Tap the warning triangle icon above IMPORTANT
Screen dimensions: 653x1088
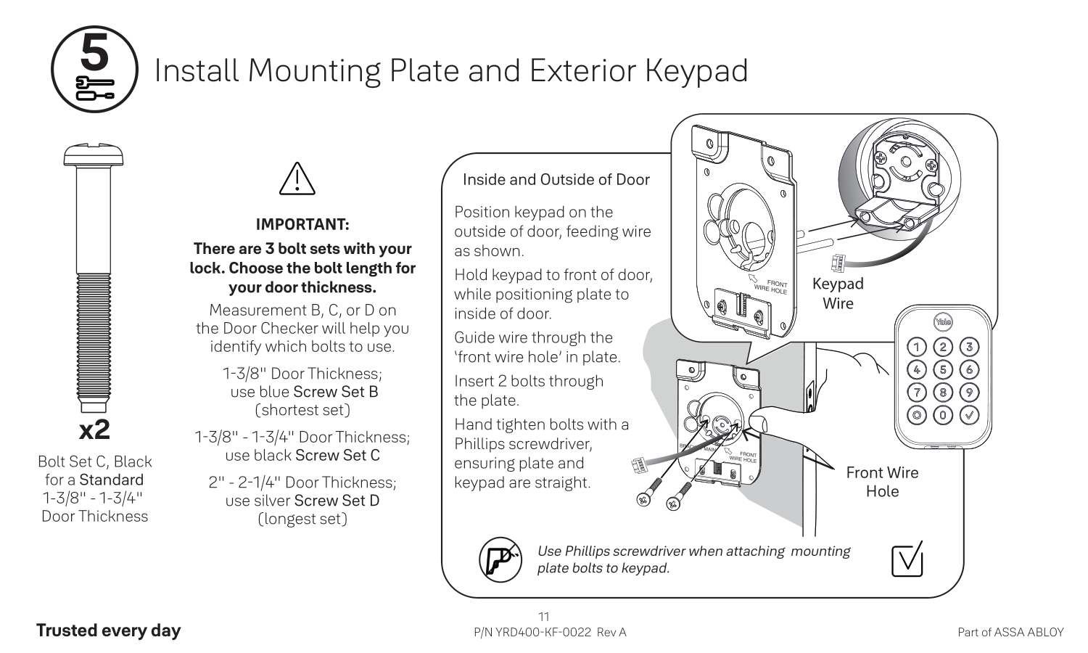coord(297,179)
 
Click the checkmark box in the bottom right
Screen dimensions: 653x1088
coord(907,559)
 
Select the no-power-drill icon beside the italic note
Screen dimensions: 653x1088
coord(500,559)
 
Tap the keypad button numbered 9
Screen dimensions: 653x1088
coord(969,393)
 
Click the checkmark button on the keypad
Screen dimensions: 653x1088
coord(969,416)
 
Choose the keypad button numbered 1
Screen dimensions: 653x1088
coord(918,347)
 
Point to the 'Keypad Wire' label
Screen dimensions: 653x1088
coord(838,293)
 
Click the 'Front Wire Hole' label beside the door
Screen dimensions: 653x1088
coord(882,482)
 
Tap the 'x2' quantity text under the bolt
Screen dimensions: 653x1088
coord(94,430)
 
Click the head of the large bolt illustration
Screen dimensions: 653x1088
coord(94,155)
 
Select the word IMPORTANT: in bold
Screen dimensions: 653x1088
coord(302,224)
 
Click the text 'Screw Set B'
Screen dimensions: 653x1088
coord(336,392)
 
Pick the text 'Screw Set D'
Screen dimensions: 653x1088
coord(337,501)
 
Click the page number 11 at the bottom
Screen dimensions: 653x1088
coord(543,617)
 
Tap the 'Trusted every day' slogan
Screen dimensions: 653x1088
coord(108,631)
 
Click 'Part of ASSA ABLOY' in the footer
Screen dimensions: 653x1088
coord(1010,632)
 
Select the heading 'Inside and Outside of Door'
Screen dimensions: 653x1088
coord(556,180)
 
